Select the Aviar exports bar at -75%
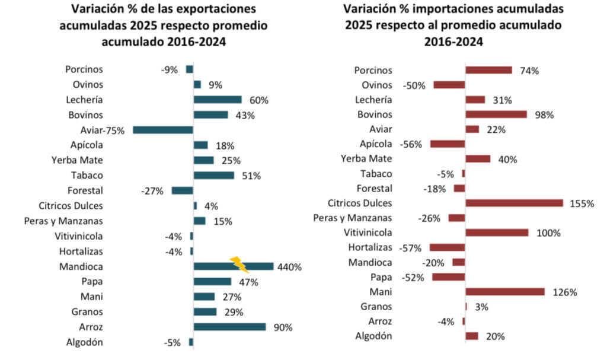(163, 130)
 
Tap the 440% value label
(289, 267)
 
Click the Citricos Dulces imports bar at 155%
(514, 203)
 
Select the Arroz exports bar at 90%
(229, 327)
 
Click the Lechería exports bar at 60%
(218, 100)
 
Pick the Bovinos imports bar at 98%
(496, 114)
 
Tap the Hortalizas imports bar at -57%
(448, 247)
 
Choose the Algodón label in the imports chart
(373, 336)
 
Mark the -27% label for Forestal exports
(152, 191)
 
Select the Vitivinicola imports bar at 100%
(497, 232)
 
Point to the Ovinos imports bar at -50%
(449, 85)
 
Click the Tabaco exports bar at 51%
(214, 175)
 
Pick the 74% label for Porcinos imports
(528, 71)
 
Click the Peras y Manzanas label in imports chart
(353, 218)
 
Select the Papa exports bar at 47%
(212, 281)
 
